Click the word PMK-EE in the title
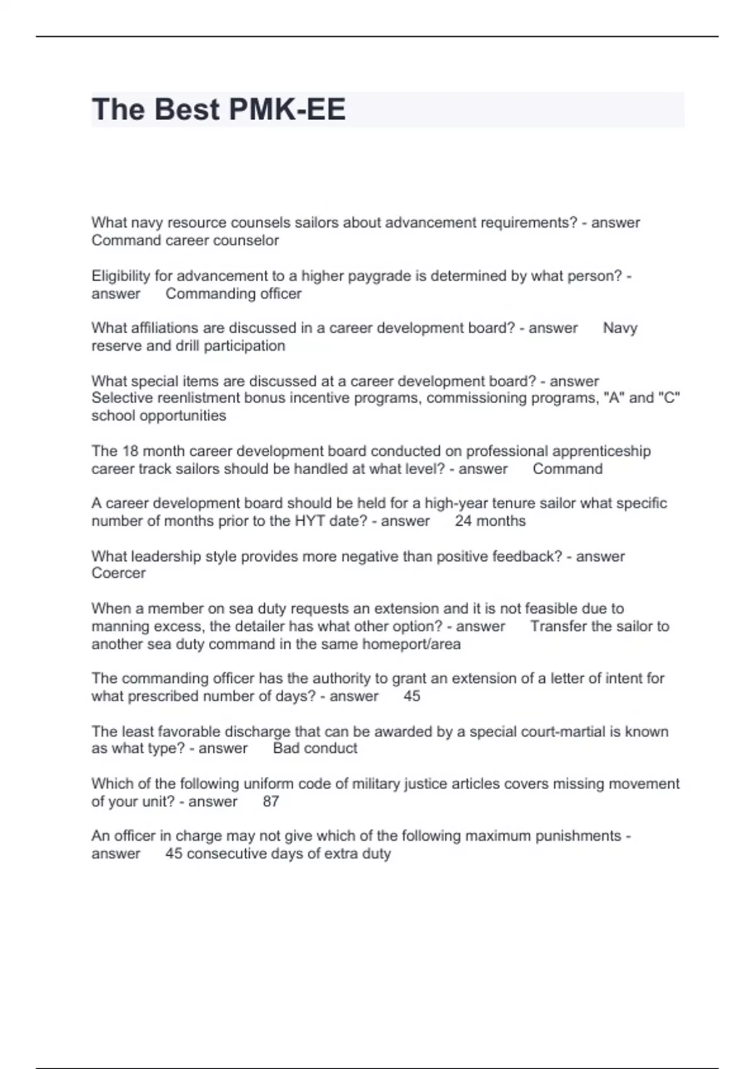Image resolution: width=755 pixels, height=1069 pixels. [x=287, y=109]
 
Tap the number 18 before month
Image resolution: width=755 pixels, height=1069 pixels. [x=129, y=451]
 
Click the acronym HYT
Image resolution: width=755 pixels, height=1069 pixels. [x=310, y=521]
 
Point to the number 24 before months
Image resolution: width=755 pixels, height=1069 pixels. [x=463, y=521]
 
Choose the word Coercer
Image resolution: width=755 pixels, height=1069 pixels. [x=118, y=573]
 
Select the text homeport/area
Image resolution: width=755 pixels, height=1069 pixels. [x=411, y=644]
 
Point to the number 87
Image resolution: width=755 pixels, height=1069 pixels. [x=271, y=801]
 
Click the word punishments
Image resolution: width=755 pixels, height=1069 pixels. [x=578, y=836]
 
